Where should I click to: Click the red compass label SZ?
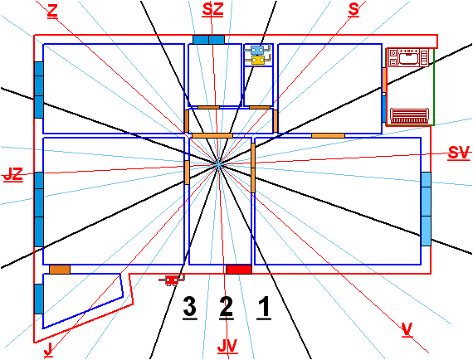point(212,9)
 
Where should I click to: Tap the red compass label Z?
point(52,12)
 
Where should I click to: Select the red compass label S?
point(354,10)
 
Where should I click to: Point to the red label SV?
point(459,153)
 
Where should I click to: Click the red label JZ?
point(13,174)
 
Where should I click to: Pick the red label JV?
point(227,347)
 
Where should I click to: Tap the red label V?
point(407,329)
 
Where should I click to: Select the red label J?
point(48,350)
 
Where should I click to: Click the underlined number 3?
point(190,308)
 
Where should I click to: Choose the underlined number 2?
point(227,308)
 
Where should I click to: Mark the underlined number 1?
point(264,308)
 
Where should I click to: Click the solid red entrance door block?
point(239,270)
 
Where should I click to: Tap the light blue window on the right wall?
point(426,209)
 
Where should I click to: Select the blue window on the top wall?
point(208,40)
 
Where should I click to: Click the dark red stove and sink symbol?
point(408,57)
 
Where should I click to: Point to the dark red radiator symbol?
point(409,116)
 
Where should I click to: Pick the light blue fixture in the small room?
point(257,50)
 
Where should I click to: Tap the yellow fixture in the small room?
point(258,61)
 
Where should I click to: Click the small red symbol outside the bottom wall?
point(172,280)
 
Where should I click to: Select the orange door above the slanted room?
point(60,270)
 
